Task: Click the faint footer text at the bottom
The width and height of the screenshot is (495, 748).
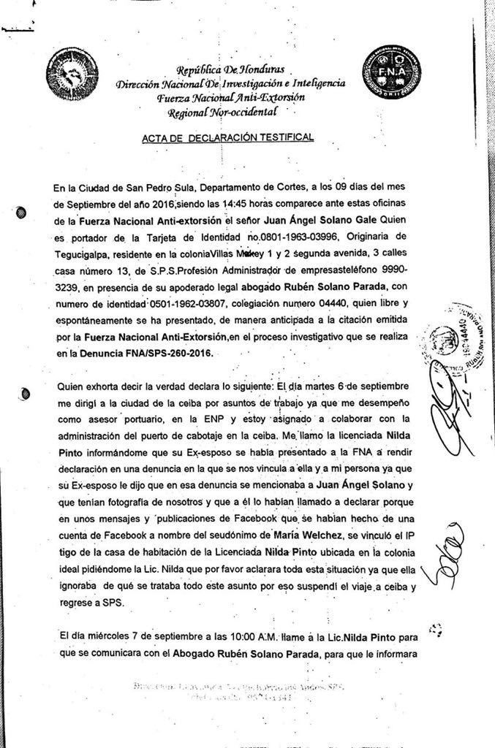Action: pyautogui.click(x=241, y=692)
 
